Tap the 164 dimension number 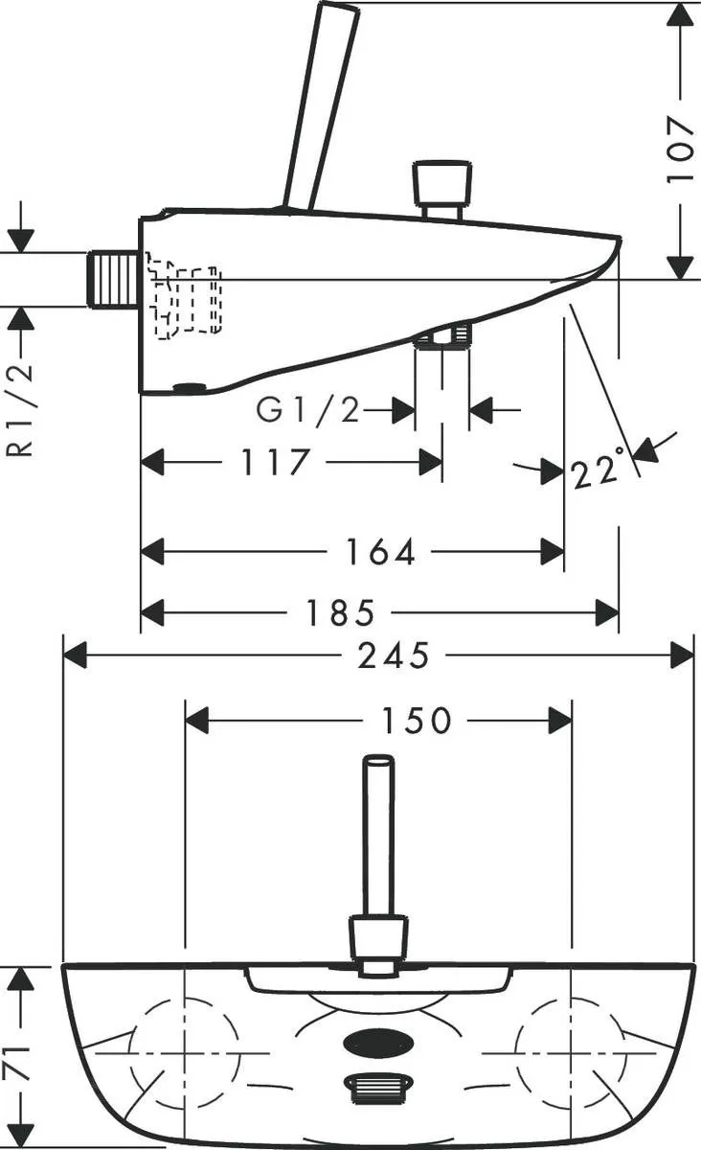coord(381,552)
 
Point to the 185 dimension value coord(339,612)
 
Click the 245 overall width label coord(394,655)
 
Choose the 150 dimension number coord(417,721)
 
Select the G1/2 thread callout coord(308,411)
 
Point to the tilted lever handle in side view coord(322,105)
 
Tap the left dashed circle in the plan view coord(184,1052)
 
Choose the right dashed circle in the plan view coord(572,1052)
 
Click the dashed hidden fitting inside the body coord(183,296)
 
